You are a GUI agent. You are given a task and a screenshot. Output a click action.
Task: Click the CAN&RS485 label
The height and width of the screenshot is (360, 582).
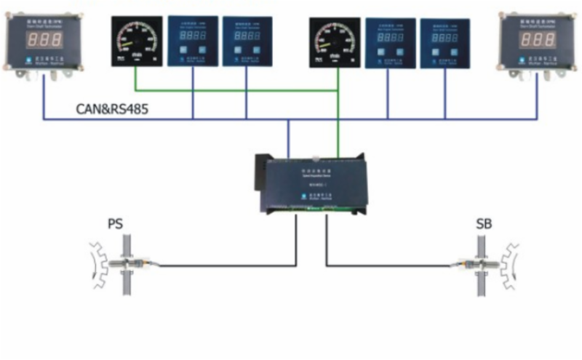pyautogui.click(x=116, y=110)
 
